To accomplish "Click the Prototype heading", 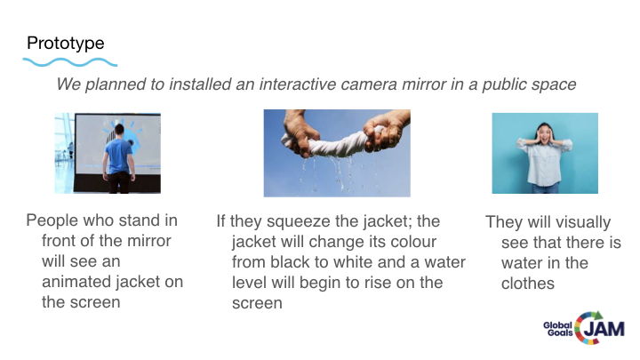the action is (x=65, y=44).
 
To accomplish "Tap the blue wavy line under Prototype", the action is (x=70, y=62).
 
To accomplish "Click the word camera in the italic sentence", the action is (x=369, y=84).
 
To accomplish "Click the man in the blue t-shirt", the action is (x=119, y=158).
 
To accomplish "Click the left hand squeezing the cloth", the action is (x=300, y=131).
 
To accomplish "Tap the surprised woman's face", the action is (x=545, y=134).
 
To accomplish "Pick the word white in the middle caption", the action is (x=355, y=262).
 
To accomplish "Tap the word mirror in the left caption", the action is (x=149, y=241).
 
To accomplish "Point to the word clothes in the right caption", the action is (x=528, y=284).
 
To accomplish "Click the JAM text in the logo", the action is (x=604, y=329).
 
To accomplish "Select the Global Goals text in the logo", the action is (x=558, y=329).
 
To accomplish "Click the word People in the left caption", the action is (x=52, y=221).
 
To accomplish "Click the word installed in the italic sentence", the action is (x=200, y=84).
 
